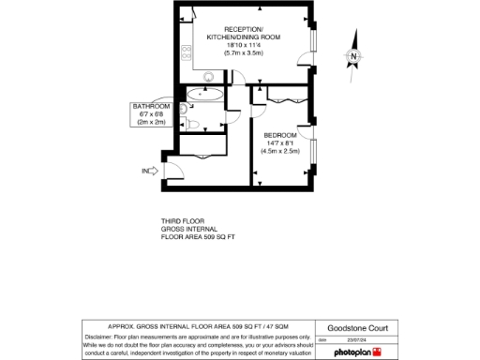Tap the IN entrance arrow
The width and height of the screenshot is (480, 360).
[148, 171]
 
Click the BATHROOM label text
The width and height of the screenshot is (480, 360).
[150, 107]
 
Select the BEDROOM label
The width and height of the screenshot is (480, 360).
[281, 133]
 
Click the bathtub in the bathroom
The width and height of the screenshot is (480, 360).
[204, 95]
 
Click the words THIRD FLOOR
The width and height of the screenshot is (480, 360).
[182, 221]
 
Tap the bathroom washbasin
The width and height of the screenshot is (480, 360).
[182, 109]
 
